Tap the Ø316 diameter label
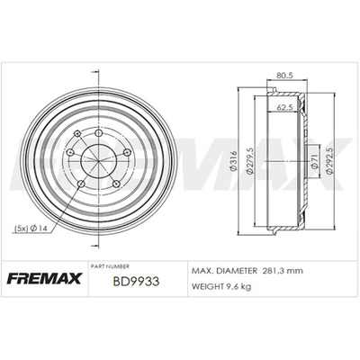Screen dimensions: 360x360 tap(234, 161)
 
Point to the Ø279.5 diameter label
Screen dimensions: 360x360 tap(250, 160)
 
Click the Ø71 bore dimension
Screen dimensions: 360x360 tap(315, 161)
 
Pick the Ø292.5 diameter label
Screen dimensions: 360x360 tap(329, 161)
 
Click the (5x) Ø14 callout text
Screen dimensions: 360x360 tap(31, 229)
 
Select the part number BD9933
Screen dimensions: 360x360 tap(136, 282)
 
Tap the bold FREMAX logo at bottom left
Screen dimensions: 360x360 tap(44, 278)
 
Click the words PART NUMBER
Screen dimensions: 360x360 tap(110, 266)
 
